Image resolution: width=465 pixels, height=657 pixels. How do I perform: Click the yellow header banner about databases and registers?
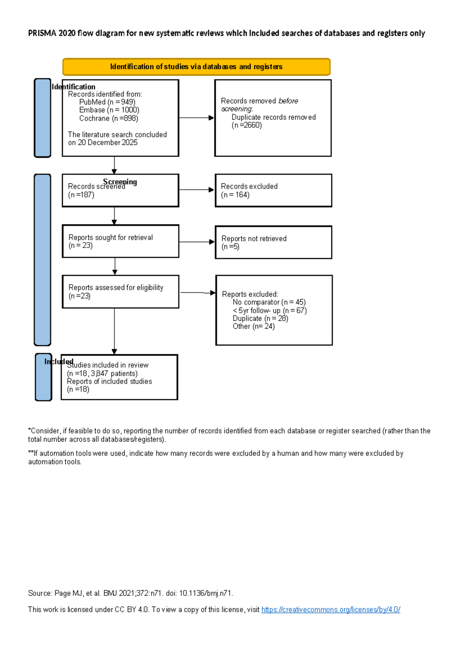pos(196,67)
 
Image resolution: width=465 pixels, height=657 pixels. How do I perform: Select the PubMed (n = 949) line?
pos(107,102)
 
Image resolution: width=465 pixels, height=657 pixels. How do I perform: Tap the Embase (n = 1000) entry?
pos(109,110)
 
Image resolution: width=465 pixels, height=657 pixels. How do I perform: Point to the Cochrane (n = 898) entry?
pos(108,118)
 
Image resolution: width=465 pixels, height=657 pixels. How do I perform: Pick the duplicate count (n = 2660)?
pos(247,125)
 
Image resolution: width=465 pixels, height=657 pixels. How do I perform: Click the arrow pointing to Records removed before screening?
pos(196,118)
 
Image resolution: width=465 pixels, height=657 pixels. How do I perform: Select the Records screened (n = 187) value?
pos(81,195)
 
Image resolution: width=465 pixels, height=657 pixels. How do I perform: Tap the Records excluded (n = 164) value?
pos(235,195)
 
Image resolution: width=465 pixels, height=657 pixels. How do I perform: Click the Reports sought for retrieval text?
pos(110,237)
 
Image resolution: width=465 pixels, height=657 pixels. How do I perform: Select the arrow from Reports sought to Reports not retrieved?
pos(196,242)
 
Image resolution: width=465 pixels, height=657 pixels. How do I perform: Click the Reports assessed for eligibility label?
pos(115,287)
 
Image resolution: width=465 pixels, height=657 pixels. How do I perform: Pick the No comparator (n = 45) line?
pos(269,302)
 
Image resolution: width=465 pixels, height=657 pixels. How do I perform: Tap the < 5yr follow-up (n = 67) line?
pos(270,310)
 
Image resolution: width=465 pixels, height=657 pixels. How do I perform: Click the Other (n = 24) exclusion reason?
pos(253,327)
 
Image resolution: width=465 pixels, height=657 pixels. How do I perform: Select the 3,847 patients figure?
pos(114,373)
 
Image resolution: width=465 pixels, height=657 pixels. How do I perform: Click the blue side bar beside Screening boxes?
pos(43,260)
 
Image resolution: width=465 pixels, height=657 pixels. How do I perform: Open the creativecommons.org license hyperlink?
pos(331,610)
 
